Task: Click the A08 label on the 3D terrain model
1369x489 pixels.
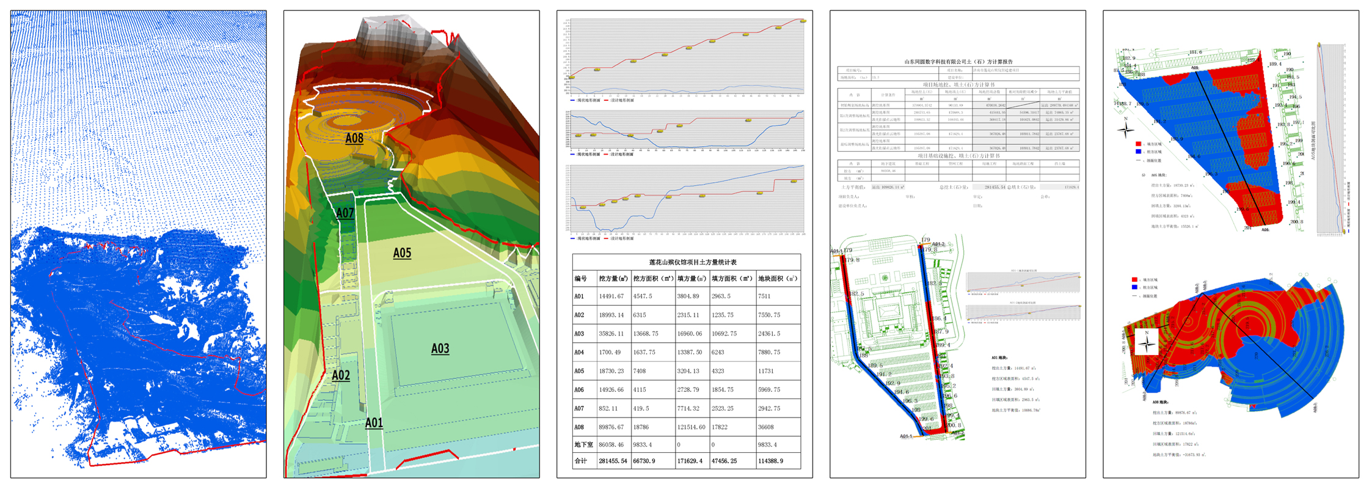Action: pyautogui.click(x=354, y=138)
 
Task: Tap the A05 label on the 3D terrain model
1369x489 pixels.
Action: pyautogui.click(x=402, y=253)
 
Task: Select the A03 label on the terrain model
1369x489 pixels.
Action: pyautogui.click(x=440, y=348)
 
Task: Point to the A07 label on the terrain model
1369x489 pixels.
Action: pyautogui.click(x=345, y=213)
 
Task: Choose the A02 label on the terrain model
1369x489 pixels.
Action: pyautogui.click(x=341, y=375)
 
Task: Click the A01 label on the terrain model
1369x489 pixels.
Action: pyautogui.click(x=374, y=422)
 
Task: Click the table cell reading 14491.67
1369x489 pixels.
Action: pyautogui.click(x=611, y=296)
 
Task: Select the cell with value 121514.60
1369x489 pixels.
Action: pyautogui.click(x=691, y=427)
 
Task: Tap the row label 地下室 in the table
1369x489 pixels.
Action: pyautogui.click(x=583, y=445)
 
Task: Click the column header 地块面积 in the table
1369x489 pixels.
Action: pyautogui.click(x=778, y=279)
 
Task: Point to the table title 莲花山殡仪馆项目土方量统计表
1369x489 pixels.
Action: pyautogui.click(x=686, y=262)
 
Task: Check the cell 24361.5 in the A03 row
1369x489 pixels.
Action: pyautogui.click(x=768, y=334)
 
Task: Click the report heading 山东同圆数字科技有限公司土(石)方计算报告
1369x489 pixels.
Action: pyautogui.click(x=958, y=62)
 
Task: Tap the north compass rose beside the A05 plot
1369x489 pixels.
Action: pyautogui.click(x=1126, y=129)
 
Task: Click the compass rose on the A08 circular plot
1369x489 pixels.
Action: pyautogui.click(x=1147, y=344)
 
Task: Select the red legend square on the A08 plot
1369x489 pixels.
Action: pyautogui.click(x=1135, y=279)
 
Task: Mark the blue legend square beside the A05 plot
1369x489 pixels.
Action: pyautogui.click(x=1138, y=152)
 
